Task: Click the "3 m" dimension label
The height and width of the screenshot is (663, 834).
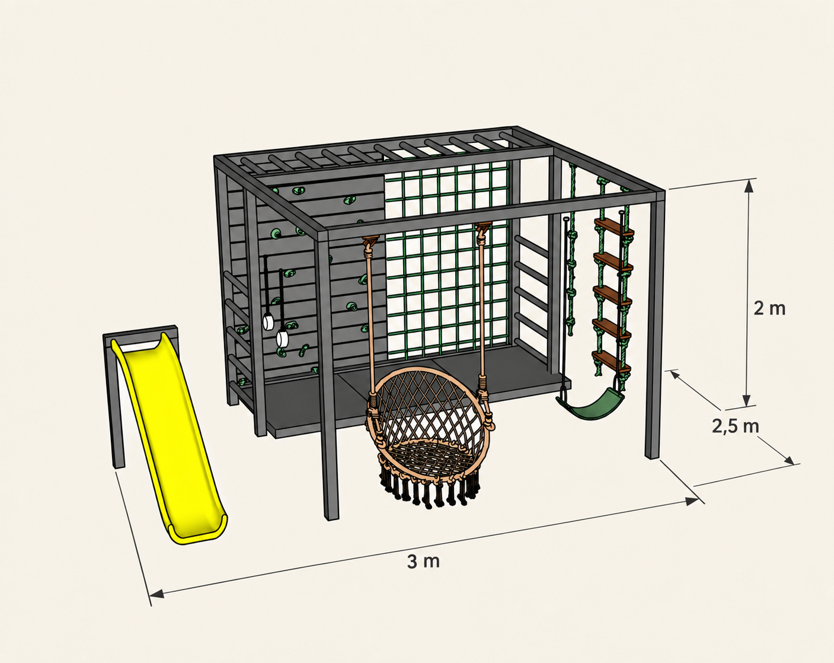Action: tap(423, 562)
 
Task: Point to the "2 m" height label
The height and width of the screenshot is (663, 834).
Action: tap(769, 308)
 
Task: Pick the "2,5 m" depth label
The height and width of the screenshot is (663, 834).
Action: tap(735, 426)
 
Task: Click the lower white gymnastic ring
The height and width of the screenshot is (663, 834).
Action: tap(283, 338)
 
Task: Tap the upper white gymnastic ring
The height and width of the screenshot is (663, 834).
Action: tap(267, 322)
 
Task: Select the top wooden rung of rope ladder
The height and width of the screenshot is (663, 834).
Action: tap(614, 227)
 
